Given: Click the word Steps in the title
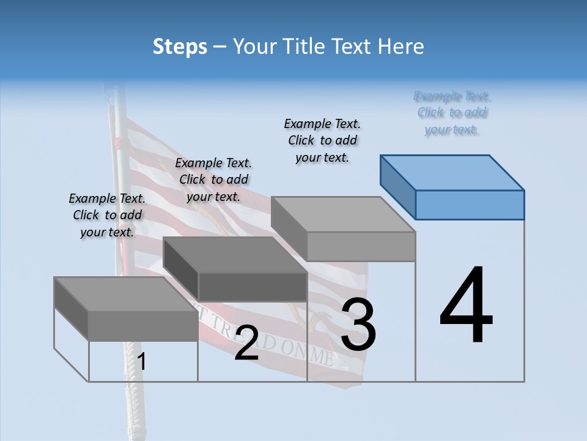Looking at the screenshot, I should (x=180, y=47).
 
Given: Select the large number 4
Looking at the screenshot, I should (x=466, y=306).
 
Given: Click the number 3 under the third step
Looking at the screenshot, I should (x=358, y=325).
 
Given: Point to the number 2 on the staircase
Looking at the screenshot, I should (x=246, y=343).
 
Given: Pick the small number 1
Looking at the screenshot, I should (x=142, y=362).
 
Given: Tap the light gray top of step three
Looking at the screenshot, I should (x=343, y=214).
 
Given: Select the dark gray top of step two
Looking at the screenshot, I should (x=235, y=255).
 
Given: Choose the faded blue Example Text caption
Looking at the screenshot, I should (x=452, y=113).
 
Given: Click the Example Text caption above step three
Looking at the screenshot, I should (x=322, y=140).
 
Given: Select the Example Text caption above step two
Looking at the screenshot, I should (x=213, y=179).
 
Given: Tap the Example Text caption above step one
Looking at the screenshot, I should (x=107, y=215).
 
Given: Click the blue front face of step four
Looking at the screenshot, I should (x=470, y=205).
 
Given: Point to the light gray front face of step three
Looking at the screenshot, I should (x=361, y=247).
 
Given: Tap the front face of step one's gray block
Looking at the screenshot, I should (x=143, y=326).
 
